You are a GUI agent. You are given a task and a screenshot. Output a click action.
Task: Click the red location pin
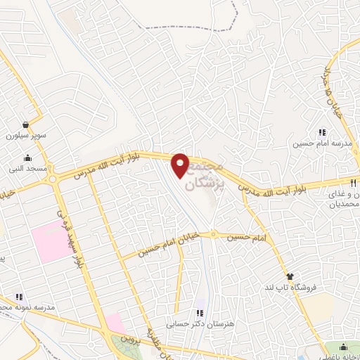[x=181, y=165]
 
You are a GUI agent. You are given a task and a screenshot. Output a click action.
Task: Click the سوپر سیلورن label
[x=25, y=134]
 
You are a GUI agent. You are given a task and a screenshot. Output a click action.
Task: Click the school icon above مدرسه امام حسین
[x=322, y=132]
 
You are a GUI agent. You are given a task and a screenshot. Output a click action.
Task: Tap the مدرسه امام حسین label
[x=322, y=143]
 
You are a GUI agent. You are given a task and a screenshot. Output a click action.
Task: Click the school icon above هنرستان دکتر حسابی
[x=200, y=313]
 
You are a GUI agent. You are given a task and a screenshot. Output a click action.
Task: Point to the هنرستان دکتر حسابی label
[x=200, y=324]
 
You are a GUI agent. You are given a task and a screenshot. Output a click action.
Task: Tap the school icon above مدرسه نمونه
[x=19, y=297]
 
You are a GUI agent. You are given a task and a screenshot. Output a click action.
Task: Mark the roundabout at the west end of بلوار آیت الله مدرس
[x=52, y=179]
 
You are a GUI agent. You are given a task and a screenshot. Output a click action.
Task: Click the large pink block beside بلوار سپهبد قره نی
[x=50, y=240]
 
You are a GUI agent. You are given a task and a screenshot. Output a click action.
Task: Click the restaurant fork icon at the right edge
[x=356, y=181]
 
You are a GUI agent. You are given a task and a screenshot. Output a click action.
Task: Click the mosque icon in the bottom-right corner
[x=342, y=347]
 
